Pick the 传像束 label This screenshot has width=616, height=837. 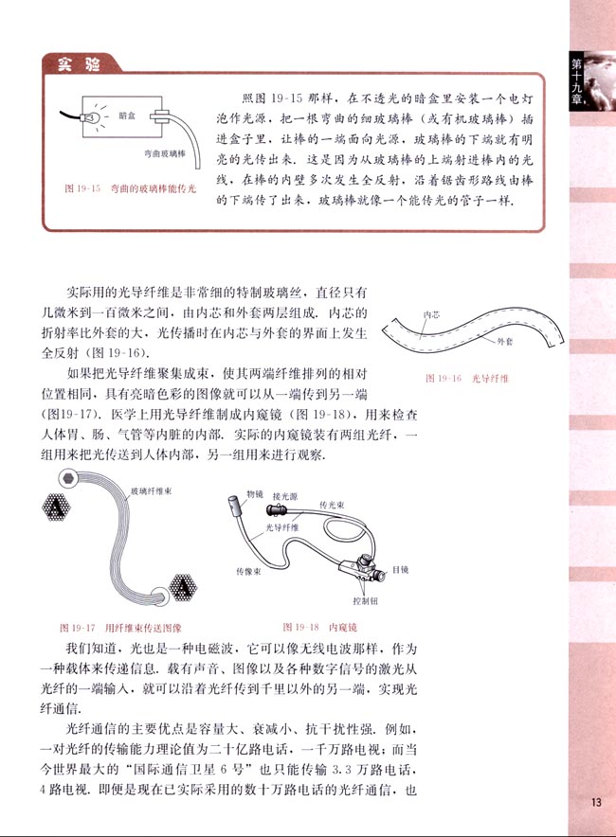[248, 571]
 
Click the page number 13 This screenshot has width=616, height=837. [594, 803]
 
